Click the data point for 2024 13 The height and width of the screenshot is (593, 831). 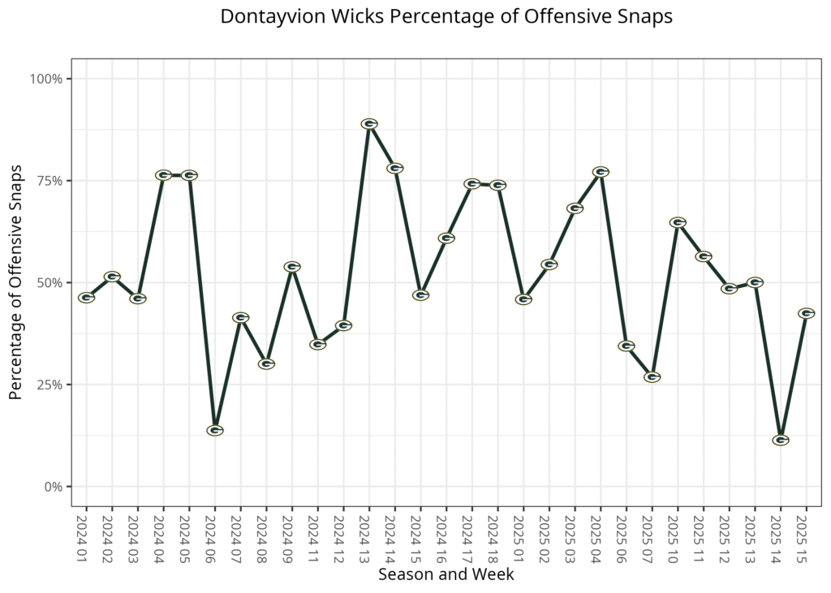(369, 124)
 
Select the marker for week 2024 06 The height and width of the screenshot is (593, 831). (215, 430)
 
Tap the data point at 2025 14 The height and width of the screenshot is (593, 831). (781, 440)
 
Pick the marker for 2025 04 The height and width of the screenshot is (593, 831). (601, 172)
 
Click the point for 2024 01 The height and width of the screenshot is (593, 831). (86, 298)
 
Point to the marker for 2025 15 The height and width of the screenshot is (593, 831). (806, 313)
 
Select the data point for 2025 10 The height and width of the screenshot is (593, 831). (678, 222)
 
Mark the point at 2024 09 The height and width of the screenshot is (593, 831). (292, 267)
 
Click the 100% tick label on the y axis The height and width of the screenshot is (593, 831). (46, 79)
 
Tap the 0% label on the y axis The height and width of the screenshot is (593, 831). (53, 487)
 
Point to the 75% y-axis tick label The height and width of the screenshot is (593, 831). (50, 181)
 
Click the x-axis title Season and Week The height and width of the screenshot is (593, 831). (446, 574)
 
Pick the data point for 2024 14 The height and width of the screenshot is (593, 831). (395, 168)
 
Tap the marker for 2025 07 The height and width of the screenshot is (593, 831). (652, 377)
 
